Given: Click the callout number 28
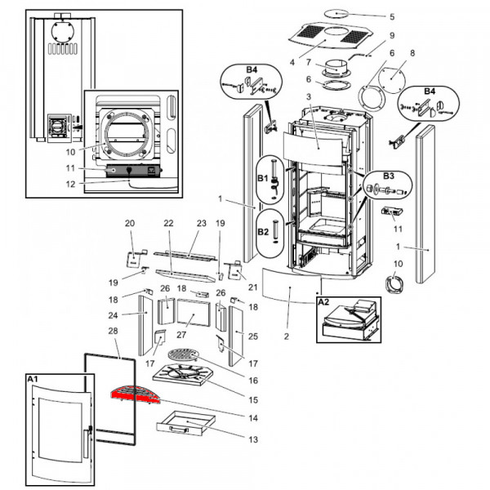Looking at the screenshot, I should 114,332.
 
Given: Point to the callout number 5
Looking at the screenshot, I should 391,16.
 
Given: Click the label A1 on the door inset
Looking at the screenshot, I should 33,380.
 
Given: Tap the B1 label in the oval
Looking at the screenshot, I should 263,176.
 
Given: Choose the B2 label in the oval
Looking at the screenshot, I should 263,231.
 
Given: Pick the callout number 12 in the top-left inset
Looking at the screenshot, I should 72,184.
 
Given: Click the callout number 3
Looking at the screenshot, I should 309,97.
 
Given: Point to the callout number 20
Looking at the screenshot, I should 129,223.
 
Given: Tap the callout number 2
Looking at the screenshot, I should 287,336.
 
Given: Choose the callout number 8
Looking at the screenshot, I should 412,53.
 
